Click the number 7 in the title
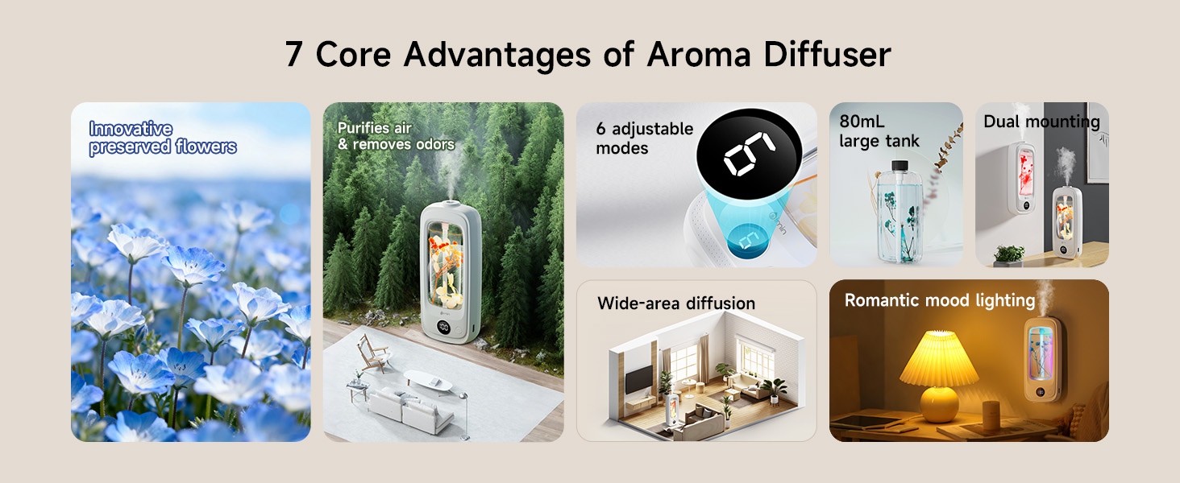click(295, 55)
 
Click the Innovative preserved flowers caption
click(163, 138)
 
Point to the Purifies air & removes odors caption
click(396, 136)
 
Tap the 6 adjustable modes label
click(644, 138)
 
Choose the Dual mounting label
click(1041, 122)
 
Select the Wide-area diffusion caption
click(676, 303)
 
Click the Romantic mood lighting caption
click(939, 300)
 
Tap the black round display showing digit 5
click(748, 154)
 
